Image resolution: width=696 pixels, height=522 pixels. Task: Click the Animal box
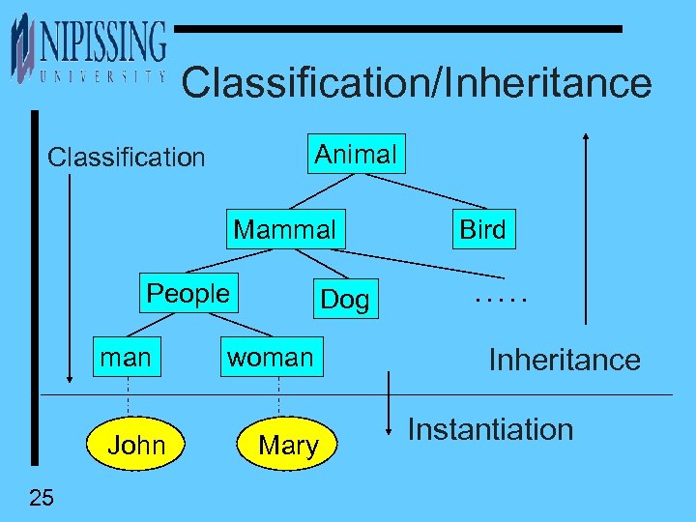click(357, 154)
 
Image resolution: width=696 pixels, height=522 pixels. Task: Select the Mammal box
click(285, 230)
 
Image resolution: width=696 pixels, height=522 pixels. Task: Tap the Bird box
click(482, 230)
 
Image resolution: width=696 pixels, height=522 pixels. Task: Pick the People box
click(188, 294)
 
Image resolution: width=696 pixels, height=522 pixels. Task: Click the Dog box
click(345, 300)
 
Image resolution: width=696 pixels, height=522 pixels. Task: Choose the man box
click(127, 358)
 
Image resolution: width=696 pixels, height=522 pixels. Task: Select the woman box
click(270, 358)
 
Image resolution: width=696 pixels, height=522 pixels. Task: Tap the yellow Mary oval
click(288, 445)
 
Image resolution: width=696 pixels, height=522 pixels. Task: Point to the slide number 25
click(42, 498)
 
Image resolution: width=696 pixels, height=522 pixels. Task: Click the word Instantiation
click(490, 429)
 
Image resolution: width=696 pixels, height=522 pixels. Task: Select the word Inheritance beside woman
click(565, 361)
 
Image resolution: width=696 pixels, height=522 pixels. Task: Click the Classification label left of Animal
click(127, 157)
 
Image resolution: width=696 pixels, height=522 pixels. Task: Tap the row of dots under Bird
click(502, 300)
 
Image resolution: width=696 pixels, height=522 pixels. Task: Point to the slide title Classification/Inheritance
click(417, 83)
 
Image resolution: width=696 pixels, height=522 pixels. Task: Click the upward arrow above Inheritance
click(585, 227)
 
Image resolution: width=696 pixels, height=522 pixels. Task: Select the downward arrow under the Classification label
click(70, 280)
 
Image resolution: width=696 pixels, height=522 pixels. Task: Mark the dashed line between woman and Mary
click(279, 393)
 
